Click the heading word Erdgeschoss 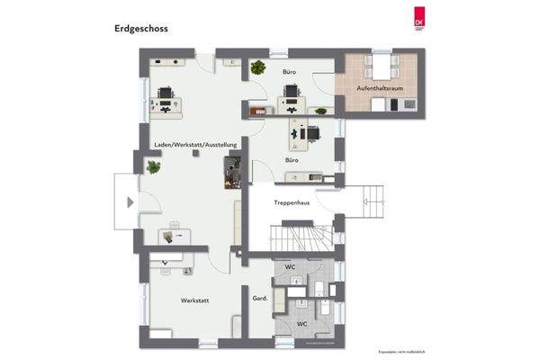coord(141,28)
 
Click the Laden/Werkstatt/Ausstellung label coord(194,144)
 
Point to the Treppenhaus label coord(292,203)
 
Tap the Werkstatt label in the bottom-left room coord(195,300)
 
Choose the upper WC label coord(291,268)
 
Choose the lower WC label coord(303,323)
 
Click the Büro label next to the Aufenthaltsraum coord(290,70)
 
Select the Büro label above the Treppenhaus coord(292,160)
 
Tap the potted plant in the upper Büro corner coord(258,67)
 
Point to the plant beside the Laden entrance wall coord(152,166)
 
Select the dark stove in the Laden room coord(232,170)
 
